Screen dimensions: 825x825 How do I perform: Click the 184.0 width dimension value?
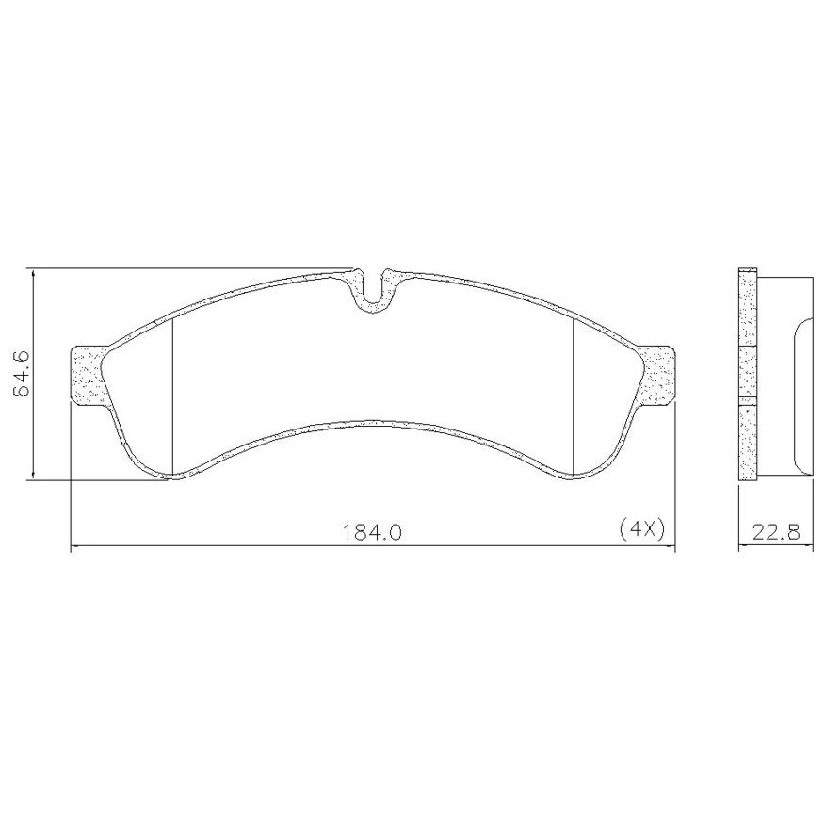click(x=372, y=533)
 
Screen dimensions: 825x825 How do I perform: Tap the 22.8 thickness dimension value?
click(x=776, y=532)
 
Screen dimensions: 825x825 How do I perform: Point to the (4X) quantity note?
click(x=642, y=528)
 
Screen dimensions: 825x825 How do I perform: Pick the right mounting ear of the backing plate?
click(x=657, y=376)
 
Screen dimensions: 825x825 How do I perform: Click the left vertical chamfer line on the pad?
click(x=172, y=397)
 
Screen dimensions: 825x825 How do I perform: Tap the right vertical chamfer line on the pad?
click(x=573, y=397)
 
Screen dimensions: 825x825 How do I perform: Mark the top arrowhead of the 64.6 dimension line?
click(x=33, y=275)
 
